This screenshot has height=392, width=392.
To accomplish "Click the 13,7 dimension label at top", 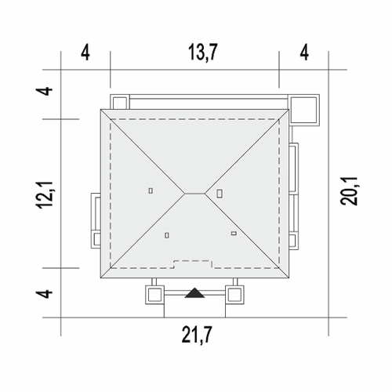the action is (x=203, y=53).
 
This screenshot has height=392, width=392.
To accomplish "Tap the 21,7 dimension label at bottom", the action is (x=197, y=335).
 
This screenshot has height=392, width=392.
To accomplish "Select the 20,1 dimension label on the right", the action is (x=349, y=191).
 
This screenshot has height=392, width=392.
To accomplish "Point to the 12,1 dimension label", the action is (x=45, y=195).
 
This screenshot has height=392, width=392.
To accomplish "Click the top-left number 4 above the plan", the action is (x=85, y=53).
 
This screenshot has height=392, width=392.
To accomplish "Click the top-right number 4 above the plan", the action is (x=304, y=53).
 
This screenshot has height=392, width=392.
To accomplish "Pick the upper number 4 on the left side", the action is (x=45, y=91).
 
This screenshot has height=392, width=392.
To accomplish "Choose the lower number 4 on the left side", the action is (x=45, y=293).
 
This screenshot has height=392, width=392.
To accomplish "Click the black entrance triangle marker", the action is (x=194, y=293).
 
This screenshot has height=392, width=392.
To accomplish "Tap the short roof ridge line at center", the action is (x=194, y=194).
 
